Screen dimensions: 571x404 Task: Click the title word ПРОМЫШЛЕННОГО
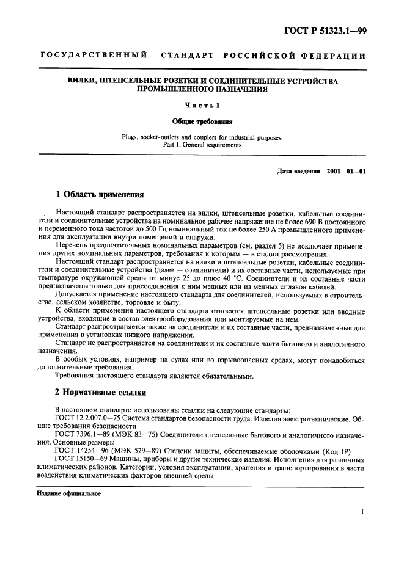pyautogui.click(x=168, y=89)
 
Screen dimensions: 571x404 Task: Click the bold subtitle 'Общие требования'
pyautogui.click(x=202, y=121)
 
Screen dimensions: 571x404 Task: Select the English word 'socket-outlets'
pyautogui.click(x=161, y=137)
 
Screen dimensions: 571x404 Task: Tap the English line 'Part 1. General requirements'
pyautogui.click(x=202, y=145)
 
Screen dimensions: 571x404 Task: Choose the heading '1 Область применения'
pyautogui.click(x=100, y=195)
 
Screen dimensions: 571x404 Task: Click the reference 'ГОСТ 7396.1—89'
pyautogui.click(x=82, y=433)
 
